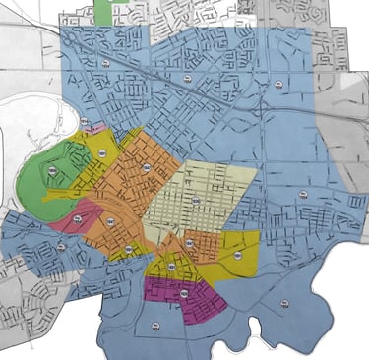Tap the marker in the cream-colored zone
[196, 201]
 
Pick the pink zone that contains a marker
[69, 219]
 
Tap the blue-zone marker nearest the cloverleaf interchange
[61, 246]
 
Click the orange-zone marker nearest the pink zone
[110, 222]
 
